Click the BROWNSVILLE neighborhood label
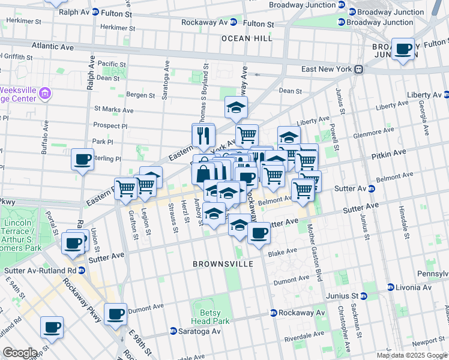click(221, 263)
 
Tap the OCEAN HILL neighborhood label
click(247, 38)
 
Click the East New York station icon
click(358, 69)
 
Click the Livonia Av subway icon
click(390, 287)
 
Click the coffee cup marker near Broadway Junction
click(403, 49)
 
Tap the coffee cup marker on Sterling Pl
click(82, 160)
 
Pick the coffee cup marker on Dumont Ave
click(116, 313)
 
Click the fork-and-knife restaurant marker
click(203, 135)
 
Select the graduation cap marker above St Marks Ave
click(236, 107)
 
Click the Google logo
click(19, 353)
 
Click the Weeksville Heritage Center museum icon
click(46, 94)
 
